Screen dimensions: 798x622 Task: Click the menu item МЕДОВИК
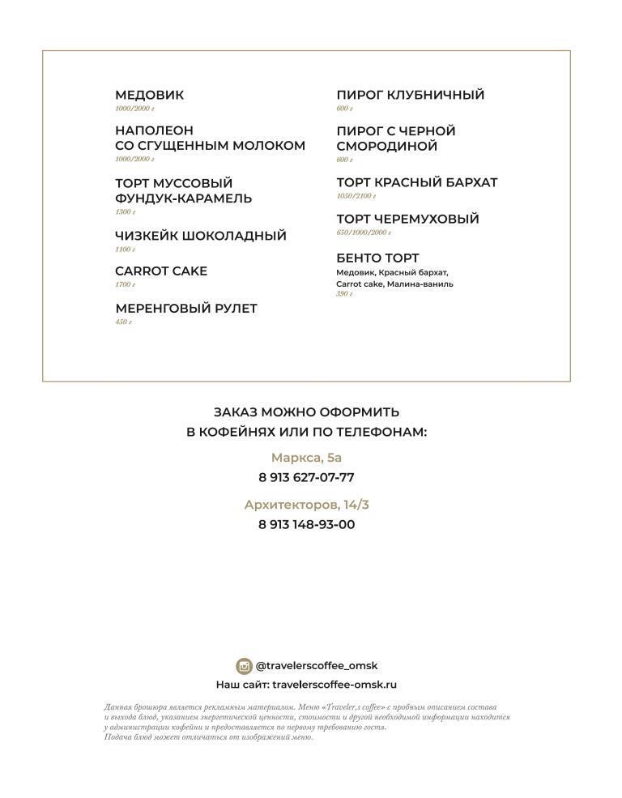[149, 96]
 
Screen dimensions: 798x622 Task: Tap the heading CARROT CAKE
[161, 271]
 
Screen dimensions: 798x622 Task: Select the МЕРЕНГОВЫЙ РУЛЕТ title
[185, 309]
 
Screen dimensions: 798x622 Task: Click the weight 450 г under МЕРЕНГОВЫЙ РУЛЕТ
[123, 322]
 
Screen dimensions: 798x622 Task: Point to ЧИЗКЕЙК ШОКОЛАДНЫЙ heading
[200, 237]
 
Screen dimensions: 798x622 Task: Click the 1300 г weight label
[125, 212]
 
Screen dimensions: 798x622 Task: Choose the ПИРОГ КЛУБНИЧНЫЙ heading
[410, 96]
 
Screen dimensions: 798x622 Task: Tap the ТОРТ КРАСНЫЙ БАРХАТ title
[416, 183]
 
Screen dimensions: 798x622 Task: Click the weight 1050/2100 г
[356, 196]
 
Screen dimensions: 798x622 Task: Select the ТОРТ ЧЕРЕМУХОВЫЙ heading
[407, 220]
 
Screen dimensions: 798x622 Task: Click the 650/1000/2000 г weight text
[364, 233]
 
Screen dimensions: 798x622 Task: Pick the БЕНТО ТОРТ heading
[377, 258]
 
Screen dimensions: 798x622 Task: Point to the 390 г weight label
[344, 294]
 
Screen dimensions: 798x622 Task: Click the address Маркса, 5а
[306, 458]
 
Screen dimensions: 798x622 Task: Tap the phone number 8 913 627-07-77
[306, 478]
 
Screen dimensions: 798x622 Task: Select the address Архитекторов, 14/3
[306, 505]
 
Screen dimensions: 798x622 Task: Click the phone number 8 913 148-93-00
[306, 525]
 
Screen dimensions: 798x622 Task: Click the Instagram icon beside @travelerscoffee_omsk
[244, 666]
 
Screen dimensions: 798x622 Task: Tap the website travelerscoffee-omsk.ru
[334, 685]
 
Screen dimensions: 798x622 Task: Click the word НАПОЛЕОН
[154, 130]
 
